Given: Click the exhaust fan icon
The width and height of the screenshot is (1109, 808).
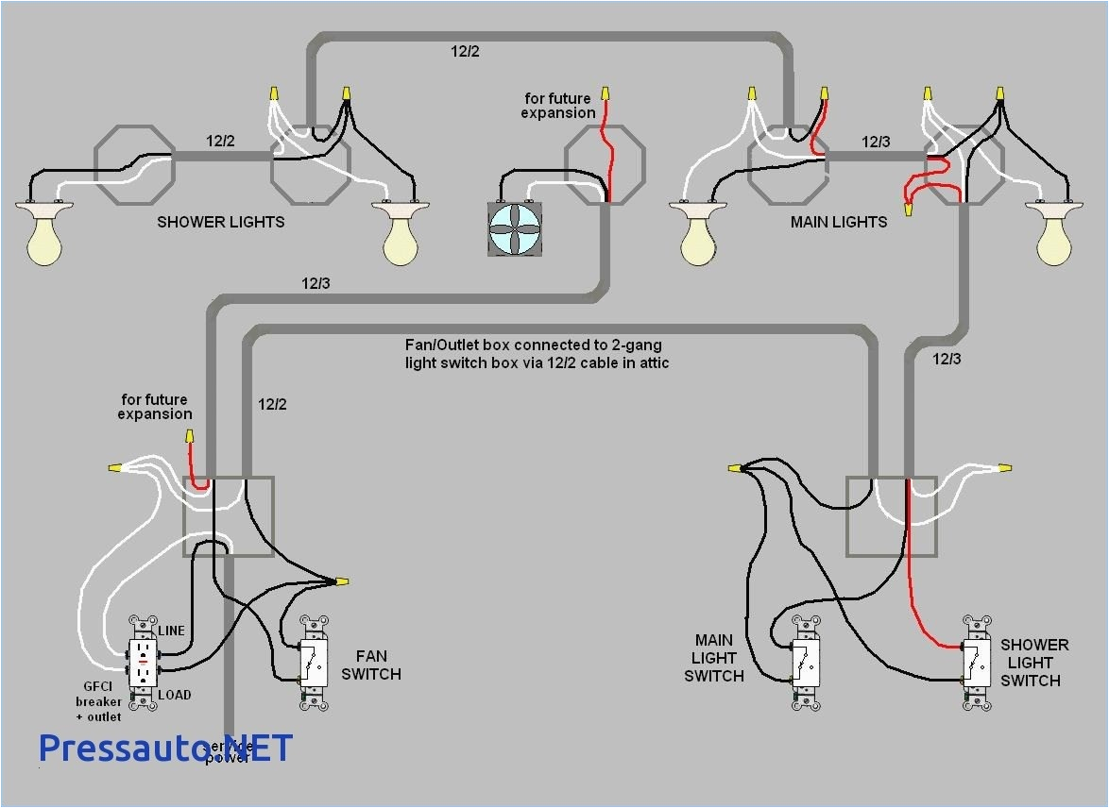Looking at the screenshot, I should (517, 228).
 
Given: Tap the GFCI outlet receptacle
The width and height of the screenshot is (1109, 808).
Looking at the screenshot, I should (144, 663).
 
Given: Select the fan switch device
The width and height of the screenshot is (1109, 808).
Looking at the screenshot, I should (315, 663).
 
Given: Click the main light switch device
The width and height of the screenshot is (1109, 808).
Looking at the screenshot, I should (806, 663).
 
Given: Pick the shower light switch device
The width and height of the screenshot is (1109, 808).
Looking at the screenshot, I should (977, 663).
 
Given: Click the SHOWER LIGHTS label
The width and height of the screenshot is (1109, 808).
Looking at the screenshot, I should (220, 222).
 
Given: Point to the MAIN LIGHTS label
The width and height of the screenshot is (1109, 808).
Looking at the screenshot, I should (839, 222).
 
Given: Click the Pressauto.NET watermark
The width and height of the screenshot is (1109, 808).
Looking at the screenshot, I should (165, 748).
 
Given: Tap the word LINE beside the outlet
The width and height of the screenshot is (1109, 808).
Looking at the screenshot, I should (171, 631).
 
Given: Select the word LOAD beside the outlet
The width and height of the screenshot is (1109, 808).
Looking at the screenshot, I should (174, 695).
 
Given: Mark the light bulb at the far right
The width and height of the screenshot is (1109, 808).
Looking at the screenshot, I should (1055, 236).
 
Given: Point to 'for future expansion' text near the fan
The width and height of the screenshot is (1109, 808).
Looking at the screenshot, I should (557, 106).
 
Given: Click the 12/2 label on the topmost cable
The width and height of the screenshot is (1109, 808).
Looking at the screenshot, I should (464, 51).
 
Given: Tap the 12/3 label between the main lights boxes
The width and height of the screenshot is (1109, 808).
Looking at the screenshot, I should (875, 142).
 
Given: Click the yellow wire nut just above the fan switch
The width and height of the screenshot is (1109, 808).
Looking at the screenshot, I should (341, 581).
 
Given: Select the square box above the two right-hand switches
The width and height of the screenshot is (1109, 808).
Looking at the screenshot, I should (892, 516).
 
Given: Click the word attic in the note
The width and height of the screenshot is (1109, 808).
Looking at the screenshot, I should (649, 362).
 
